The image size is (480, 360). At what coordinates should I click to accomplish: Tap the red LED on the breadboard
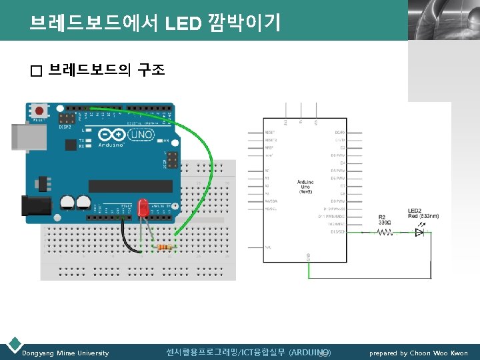point(143,208)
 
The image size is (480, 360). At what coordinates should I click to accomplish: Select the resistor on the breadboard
point(165,248)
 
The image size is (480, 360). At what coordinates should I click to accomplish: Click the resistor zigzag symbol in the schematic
point(385,233)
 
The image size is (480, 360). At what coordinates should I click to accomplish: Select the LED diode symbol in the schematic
point(419,233)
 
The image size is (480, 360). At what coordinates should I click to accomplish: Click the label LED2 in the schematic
point(415,211)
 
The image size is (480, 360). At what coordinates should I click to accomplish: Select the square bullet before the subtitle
point(36,71)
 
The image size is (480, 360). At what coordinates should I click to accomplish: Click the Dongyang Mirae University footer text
point(65,353)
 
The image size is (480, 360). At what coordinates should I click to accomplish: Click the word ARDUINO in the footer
point(310,352)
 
